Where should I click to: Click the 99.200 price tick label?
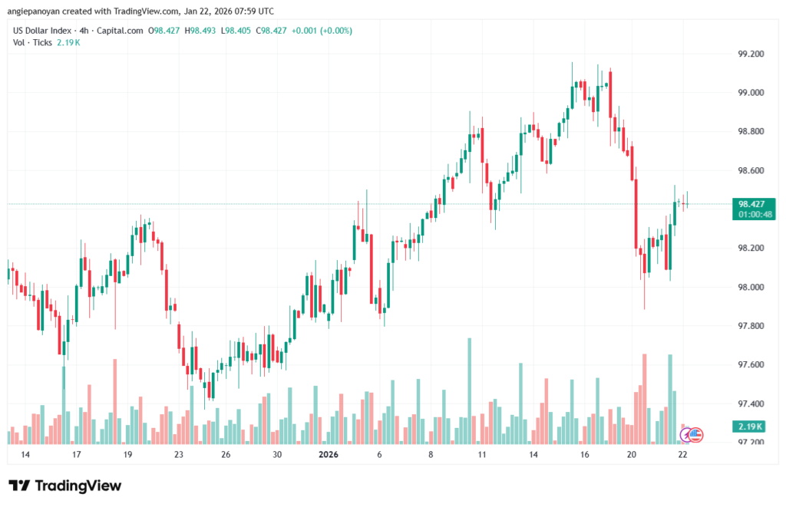click(x=751, y=54)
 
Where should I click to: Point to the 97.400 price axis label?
click(x=751, y=403)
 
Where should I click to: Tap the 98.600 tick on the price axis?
click(x=751, y=170)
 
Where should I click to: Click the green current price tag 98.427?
click(x=749, y=204)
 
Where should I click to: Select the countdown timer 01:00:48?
click(x=749, y=215)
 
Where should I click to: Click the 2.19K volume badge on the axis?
click(x=749, y=426)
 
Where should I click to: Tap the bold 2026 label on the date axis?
click(x=329, y=455)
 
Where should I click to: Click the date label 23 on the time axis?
click(x=178, y=455)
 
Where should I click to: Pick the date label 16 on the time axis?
click(x=584, y=455)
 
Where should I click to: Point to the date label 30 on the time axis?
click(x=277, y=455)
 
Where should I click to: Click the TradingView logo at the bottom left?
click(x=64, y=486)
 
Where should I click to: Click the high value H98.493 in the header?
click(x=200, y=31)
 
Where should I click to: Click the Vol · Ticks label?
click(x=33, y=42)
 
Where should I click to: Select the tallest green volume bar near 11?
click(x=469, y=390)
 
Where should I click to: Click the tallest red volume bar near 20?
click(x=645, y=398)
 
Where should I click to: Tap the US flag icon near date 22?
click(x=696, y=434)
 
